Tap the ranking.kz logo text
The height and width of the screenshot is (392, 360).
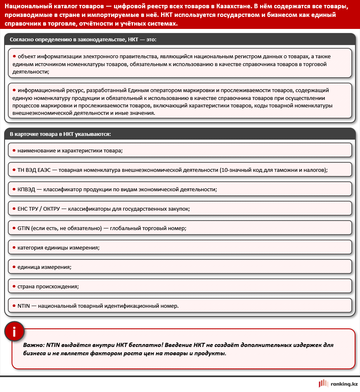(x=344, y=384)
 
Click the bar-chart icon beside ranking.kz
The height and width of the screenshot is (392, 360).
(x=324, y=384)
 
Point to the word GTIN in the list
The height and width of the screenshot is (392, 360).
(x=24, y=228)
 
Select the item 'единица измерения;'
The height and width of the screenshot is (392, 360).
(x=44, y=267)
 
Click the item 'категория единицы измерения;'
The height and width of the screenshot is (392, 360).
(x=58, y=247)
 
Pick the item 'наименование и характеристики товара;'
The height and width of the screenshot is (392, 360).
(x=70, y=150)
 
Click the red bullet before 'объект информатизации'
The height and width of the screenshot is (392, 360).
(x=14, y=56)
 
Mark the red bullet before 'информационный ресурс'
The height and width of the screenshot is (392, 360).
(x=14, y=90)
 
